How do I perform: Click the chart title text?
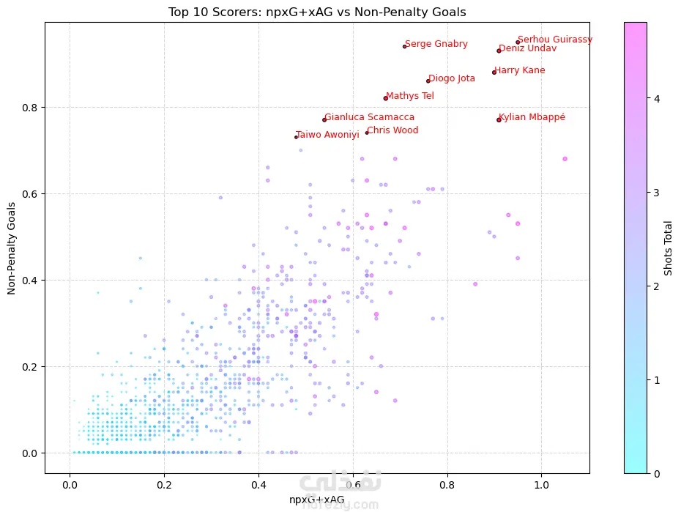pos(317,12)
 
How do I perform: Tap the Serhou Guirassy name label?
pos(554,40)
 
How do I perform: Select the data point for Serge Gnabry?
pos(404,46)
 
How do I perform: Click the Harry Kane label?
pos(521,70)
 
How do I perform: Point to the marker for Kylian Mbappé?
pos(499,119)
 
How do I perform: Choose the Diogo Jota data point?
pos(428,81)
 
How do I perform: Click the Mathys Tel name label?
pos(410,96)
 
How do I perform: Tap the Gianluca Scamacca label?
pos(370,117)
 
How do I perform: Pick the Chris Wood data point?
pos(367,133)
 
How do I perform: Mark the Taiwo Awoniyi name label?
pos(327,134)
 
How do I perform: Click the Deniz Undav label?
pos(527,48)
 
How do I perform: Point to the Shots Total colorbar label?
pos(668,248)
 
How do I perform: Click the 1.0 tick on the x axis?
pos(541,485)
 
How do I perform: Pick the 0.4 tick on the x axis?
pos(258,485)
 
